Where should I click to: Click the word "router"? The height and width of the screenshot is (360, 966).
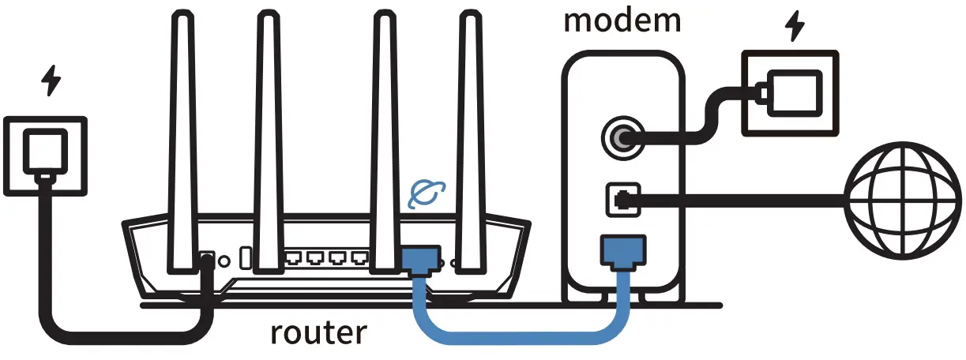(x=318, y=332)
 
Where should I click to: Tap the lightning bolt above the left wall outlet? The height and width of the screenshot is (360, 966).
(x=51, y=81)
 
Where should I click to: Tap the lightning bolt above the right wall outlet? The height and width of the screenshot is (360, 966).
(x=794, y=28)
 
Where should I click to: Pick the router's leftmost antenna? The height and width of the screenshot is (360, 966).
(x=184, y=134)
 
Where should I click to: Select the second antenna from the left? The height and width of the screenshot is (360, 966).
(x=269, y=134)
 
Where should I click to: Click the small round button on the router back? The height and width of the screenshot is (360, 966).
(x=224, y=259)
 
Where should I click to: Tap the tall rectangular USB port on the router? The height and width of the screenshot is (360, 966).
(x=246, y=258)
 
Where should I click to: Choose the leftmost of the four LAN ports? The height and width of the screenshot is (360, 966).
(x=295, y=258)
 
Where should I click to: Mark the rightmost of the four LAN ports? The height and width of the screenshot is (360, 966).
(x=359, y=258)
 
